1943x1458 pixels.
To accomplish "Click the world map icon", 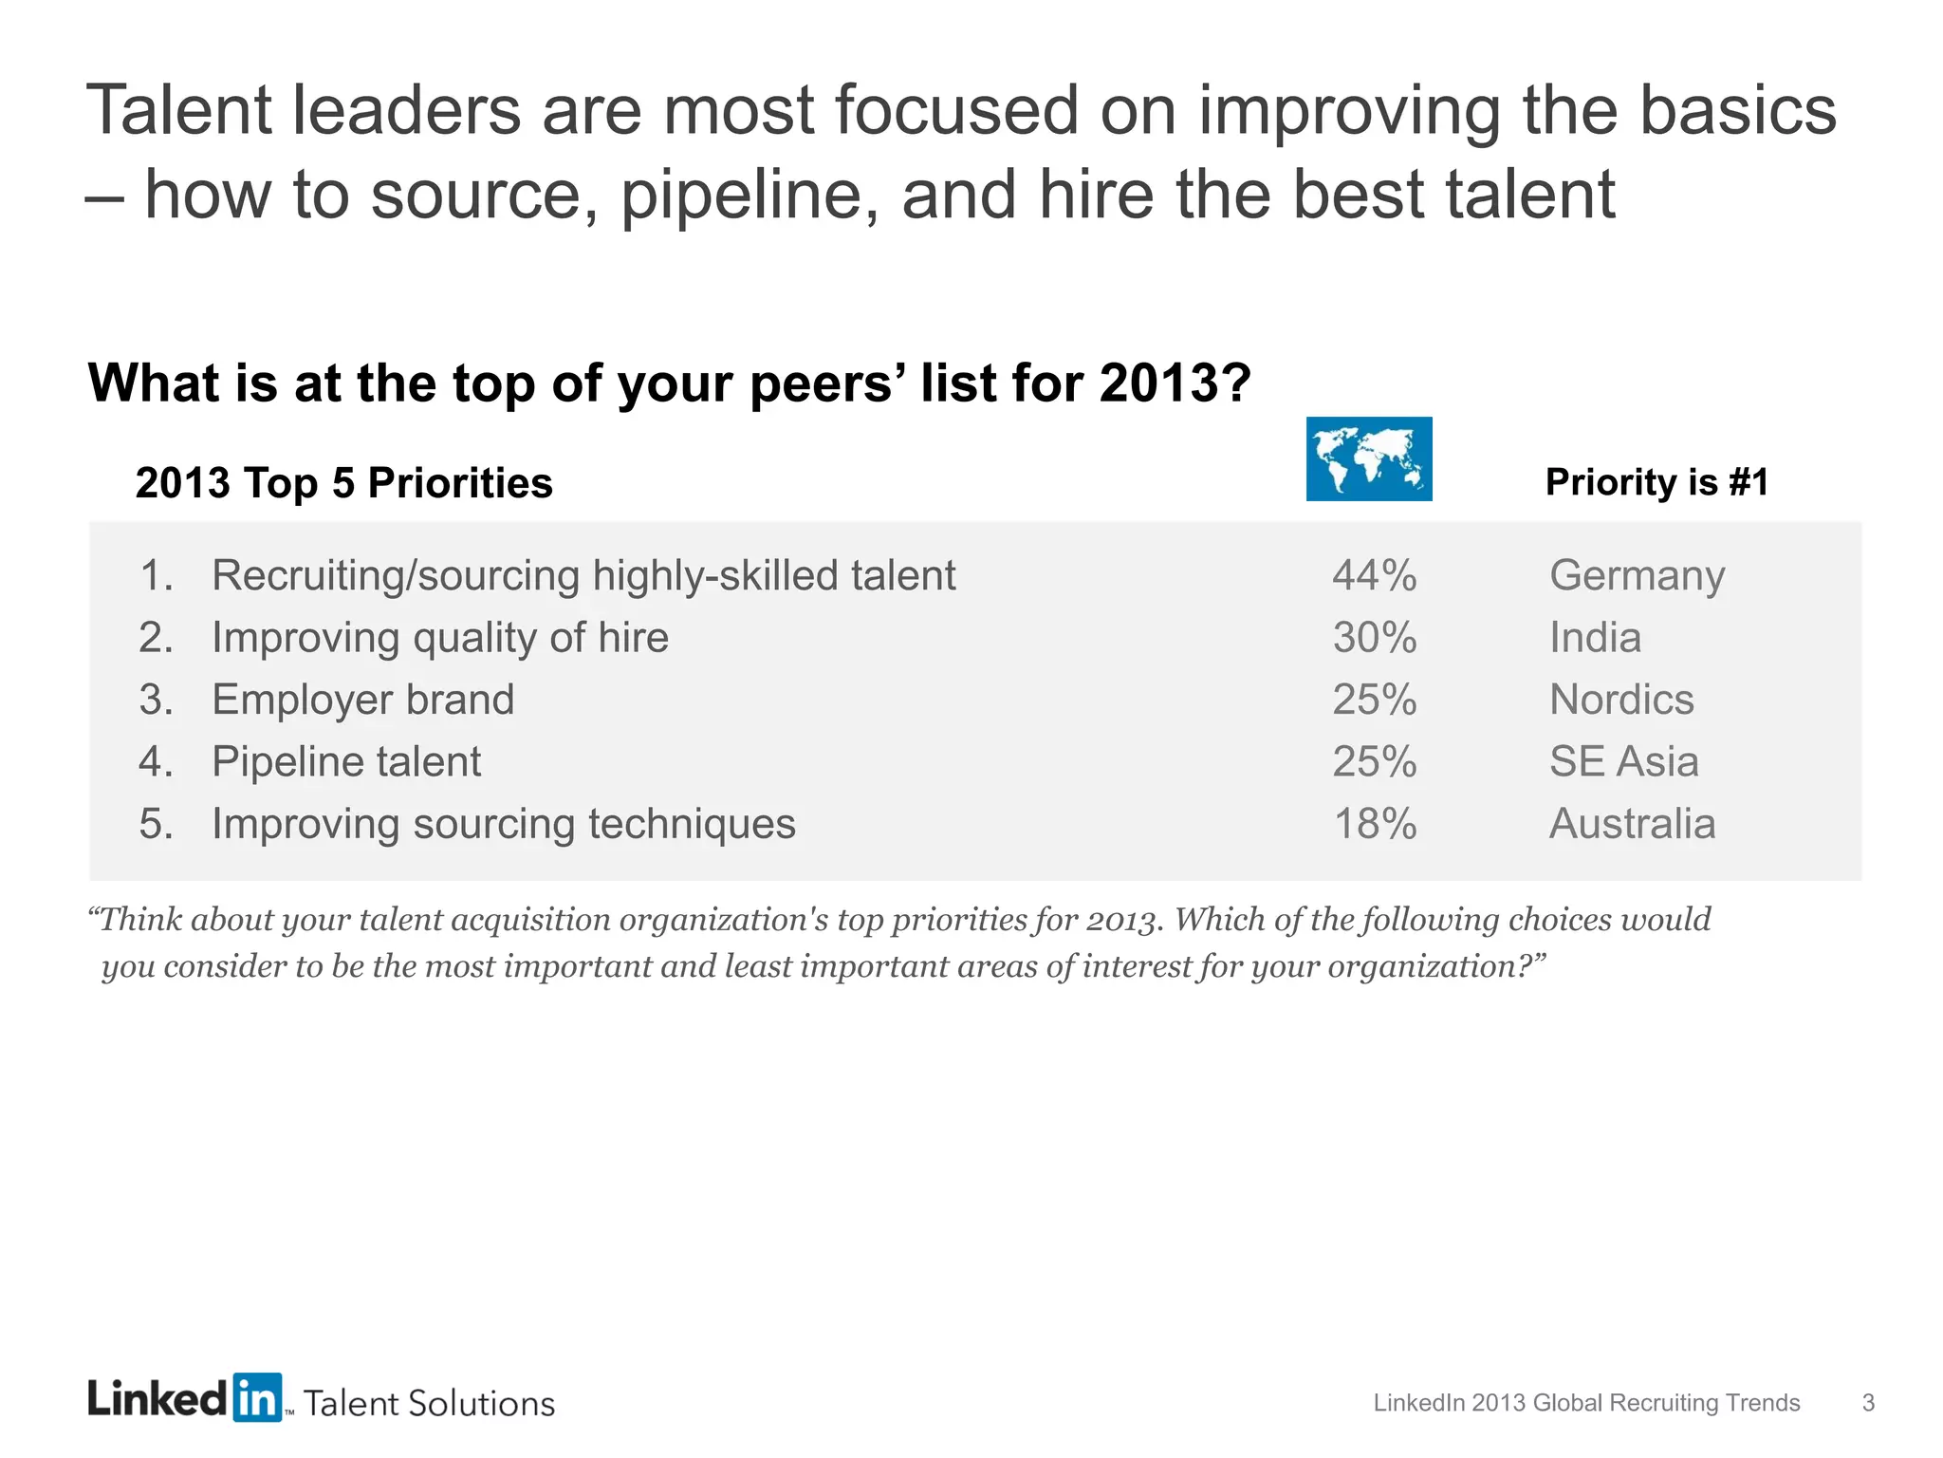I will coord(1368,458).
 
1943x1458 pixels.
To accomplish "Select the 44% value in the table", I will coord(1374,575).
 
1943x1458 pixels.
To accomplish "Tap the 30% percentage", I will coord(1374,637).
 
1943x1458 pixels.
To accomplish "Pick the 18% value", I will coord(1374,823).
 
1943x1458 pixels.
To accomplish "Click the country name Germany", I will coord(1637,576).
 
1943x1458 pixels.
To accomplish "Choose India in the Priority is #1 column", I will coord(1595,637).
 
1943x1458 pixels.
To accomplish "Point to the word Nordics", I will coord(1621,700).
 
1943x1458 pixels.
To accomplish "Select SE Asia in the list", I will coord(1623,761).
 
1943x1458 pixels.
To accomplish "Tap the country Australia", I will coord(1632,823).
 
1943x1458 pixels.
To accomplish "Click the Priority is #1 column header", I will coord(1656,482).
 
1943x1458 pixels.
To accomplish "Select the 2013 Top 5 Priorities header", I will coord(343,483).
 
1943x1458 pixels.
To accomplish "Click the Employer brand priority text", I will coord(362,700).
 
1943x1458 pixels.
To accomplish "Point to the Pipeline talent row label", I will coord(346,761).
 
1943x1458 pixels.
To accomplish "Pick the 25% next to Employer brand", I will coord(1374,700).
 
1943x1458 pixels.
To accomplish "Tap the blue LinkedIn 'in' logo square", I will coord(256,1397).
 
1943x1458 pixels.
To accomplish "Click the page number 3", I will coord(1868,1403).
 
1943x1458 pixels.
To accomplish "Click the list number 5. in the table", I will coord(157,823).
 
